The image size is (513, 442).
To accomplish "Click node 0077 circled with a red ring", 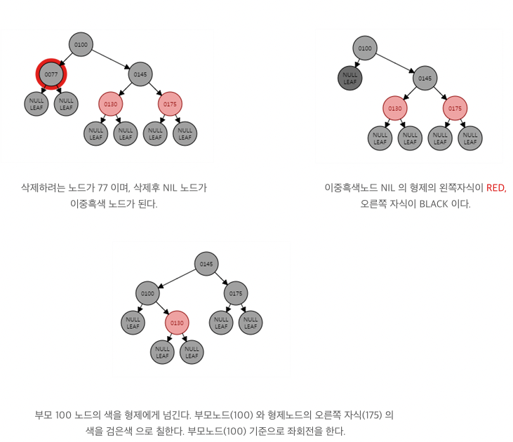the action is pos(51,74).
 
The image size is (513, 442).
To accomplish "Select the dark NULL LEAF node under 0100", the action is pos(350,77).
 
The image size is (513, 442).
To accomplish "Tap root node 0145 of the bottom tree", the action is pos(206,264).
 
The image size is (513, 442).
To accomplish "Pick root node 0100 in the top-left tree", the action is pos(81,45).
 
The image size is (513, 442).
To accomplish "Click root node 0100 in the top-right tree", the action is pos(364,48).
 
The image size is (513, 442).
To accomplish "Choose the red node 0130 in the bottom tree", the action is pos(177,323).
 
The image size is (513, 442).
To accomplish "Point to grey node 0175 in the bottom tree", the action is pos(236,293).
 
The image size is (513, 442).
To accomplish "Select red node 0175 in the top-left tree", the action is pos(170,105).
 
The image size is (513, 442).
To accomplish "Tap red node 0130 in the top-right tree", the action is pos(395,108).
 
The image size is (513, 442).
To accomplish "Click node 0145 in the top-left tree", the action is pos(140,74).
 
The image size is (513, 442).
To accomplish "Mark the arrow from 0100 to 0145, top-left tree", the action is pos(111,60).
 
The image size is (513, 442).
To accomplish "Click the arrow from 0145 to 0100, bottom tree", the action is pos(177,279).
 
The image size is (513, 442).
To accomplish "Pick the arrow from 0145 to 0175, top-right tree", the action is pos(440,93).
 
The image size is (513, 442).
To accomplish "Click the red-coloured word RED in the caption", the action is pos(495,188).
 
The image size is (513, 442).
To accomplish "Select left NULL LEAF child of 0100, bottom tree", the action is pos(133,323).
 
